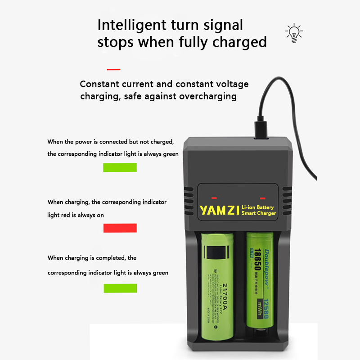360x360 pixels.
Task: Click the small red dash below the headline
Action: point(113,69)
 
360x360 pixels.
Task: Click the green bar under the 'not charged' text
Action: point(120,167)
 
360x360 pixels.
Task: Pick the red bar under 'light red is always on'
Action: point(120,228)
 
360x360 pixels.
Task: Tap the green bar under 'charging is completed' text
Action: point(120,288)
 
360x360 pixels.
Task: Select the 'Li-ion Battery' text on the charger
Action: point(259,205)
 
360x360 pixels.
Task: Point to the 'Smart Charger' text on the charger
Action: point(259,213)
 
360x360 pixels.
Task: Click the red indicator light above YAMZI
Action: point(214,198)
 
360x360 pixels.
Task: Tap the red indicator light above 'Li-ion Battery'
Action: point(262,198)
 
